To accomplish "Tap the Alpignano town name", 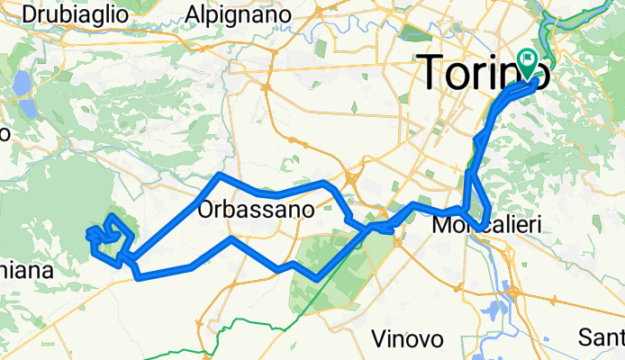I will click(x=238, y=14).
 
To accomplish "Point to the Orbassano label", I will click(x=255, y=211).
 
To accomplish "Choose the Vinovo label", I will click(x=407, y=339).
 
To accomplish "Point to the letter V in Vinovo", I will click(x=379, y=339).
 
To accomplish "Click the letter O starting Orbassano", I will click(x=204, y=211).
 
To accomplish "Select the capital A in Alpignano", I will click(x=191, y=14).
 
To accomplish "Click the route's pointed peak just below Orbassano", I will click(x=231, y=238).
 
